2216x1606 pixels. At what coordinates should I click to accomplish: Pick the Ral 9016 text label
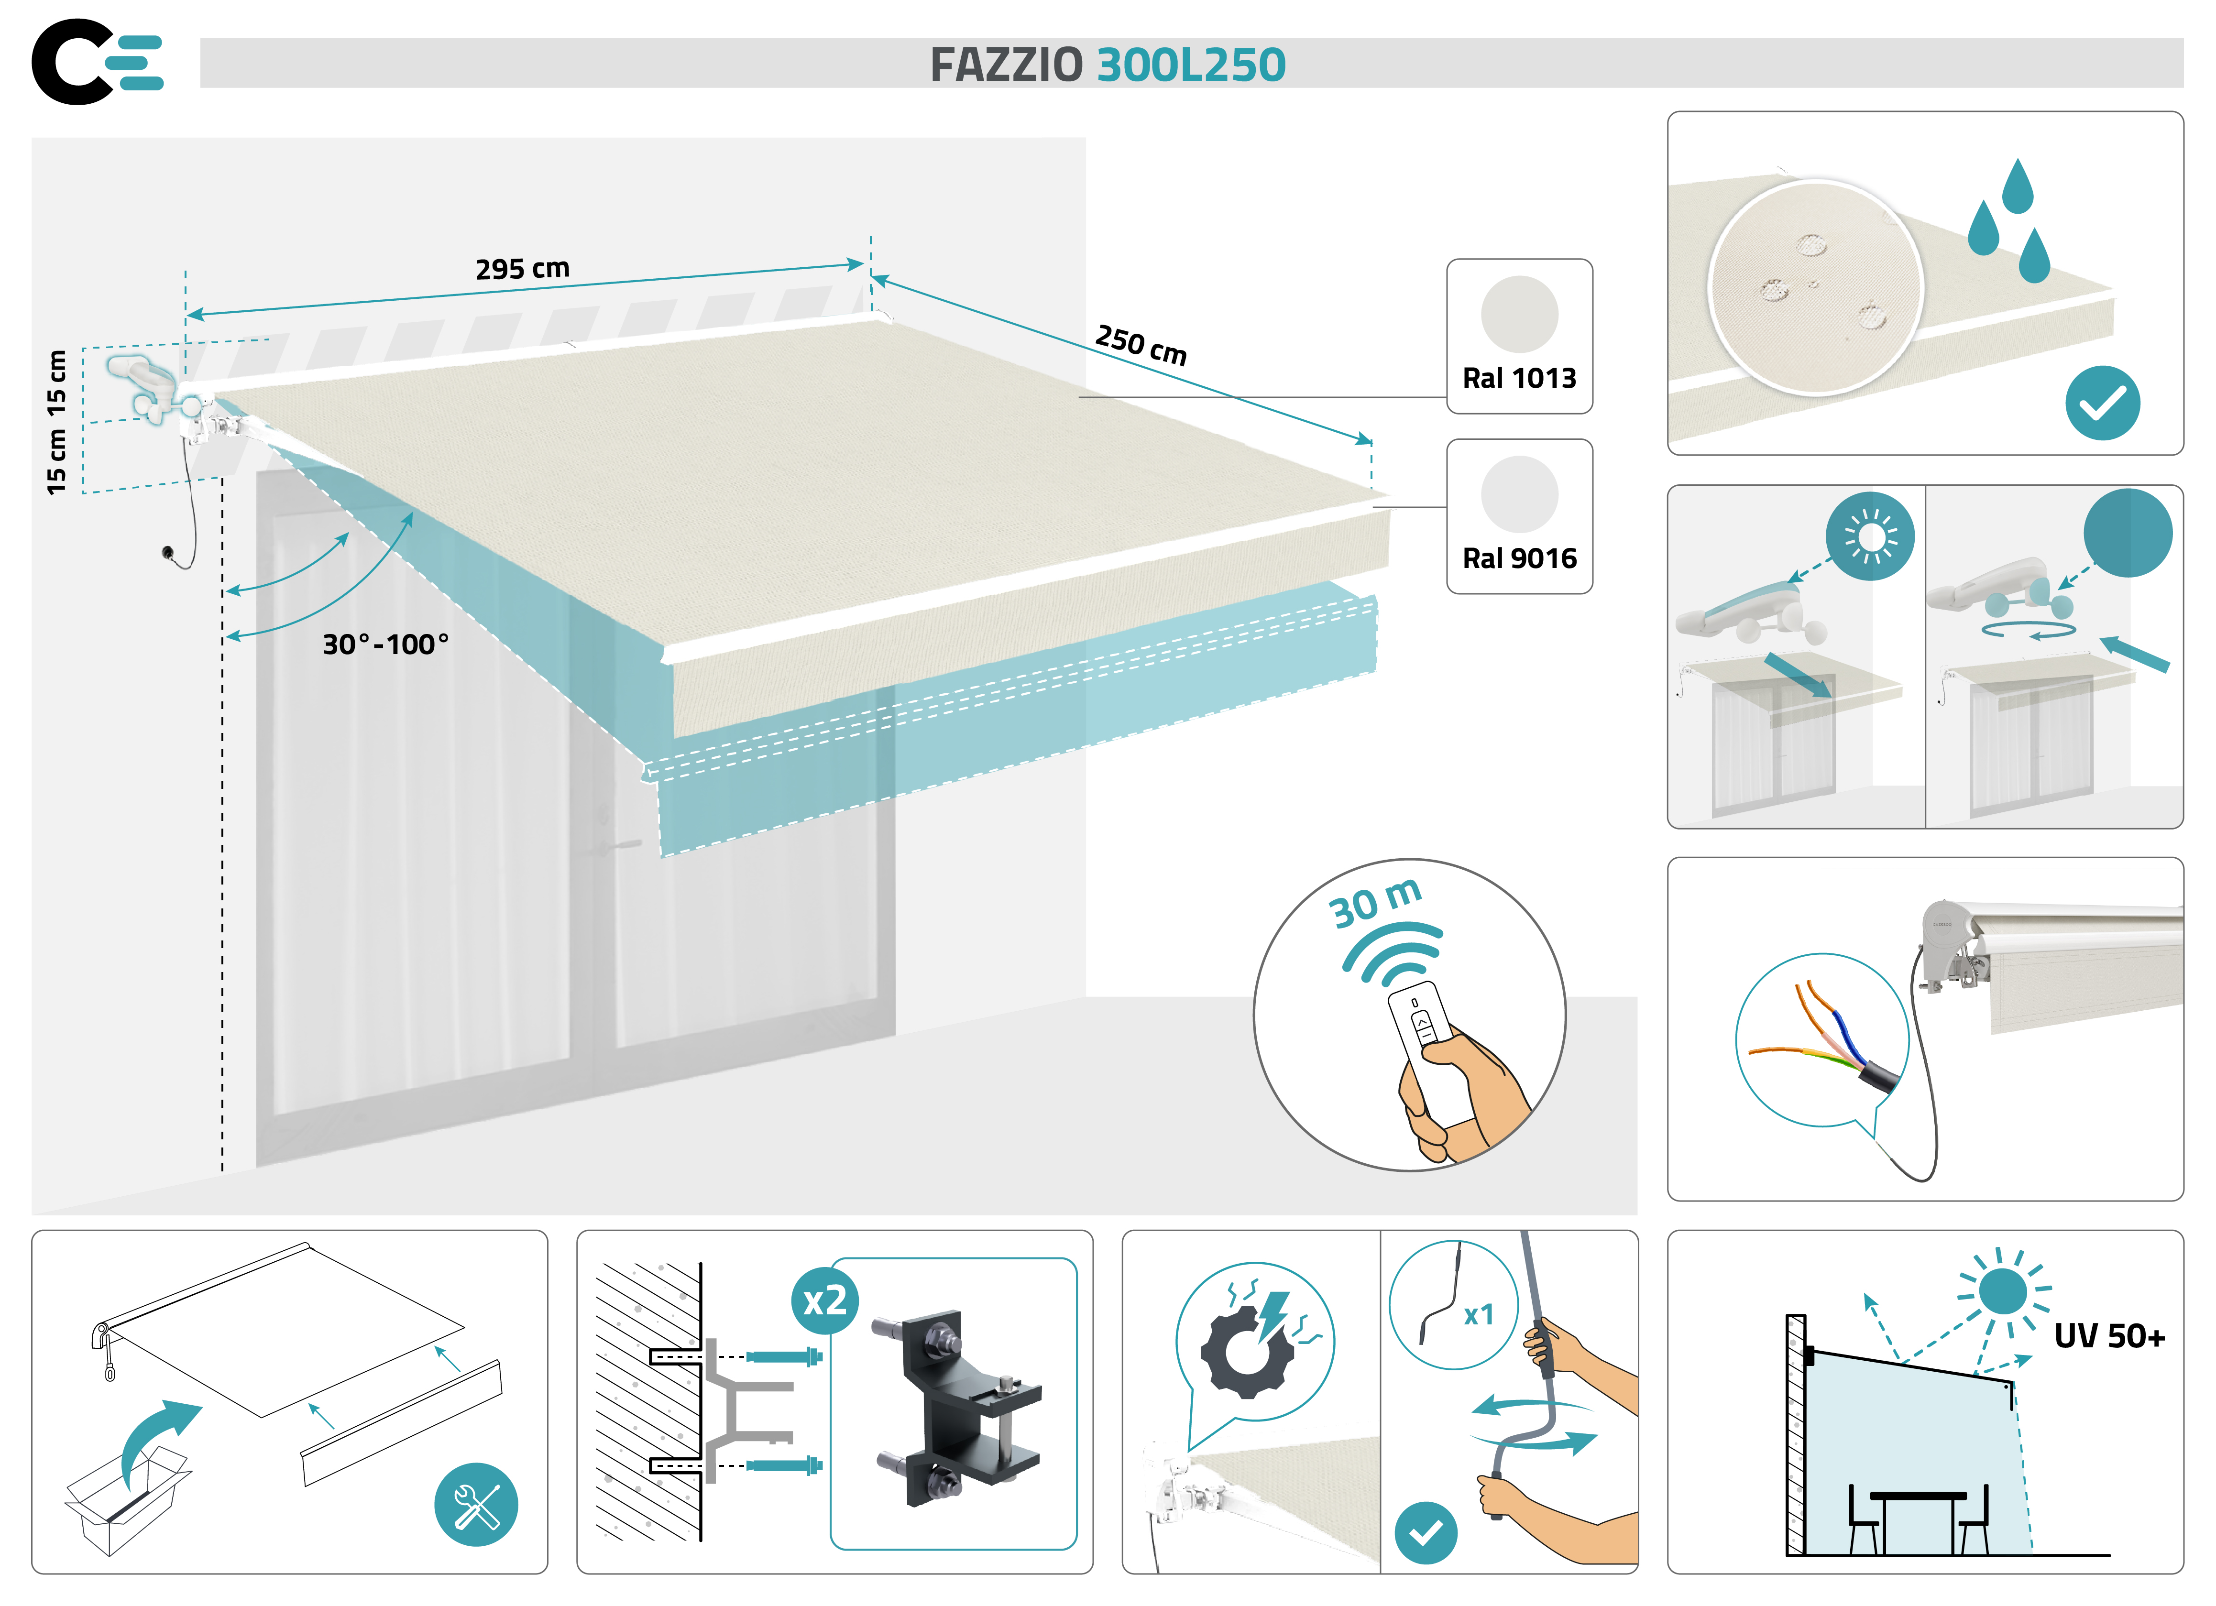coord(1519,559)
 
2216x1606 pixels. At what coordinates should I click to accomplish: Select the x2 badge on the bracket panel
coord(823,1301)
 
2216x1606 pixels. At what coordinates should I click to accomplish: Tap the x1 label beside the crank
coord(1478,1315)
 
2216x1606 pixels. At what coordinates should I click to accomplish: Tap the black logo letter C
coord(70,62)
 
